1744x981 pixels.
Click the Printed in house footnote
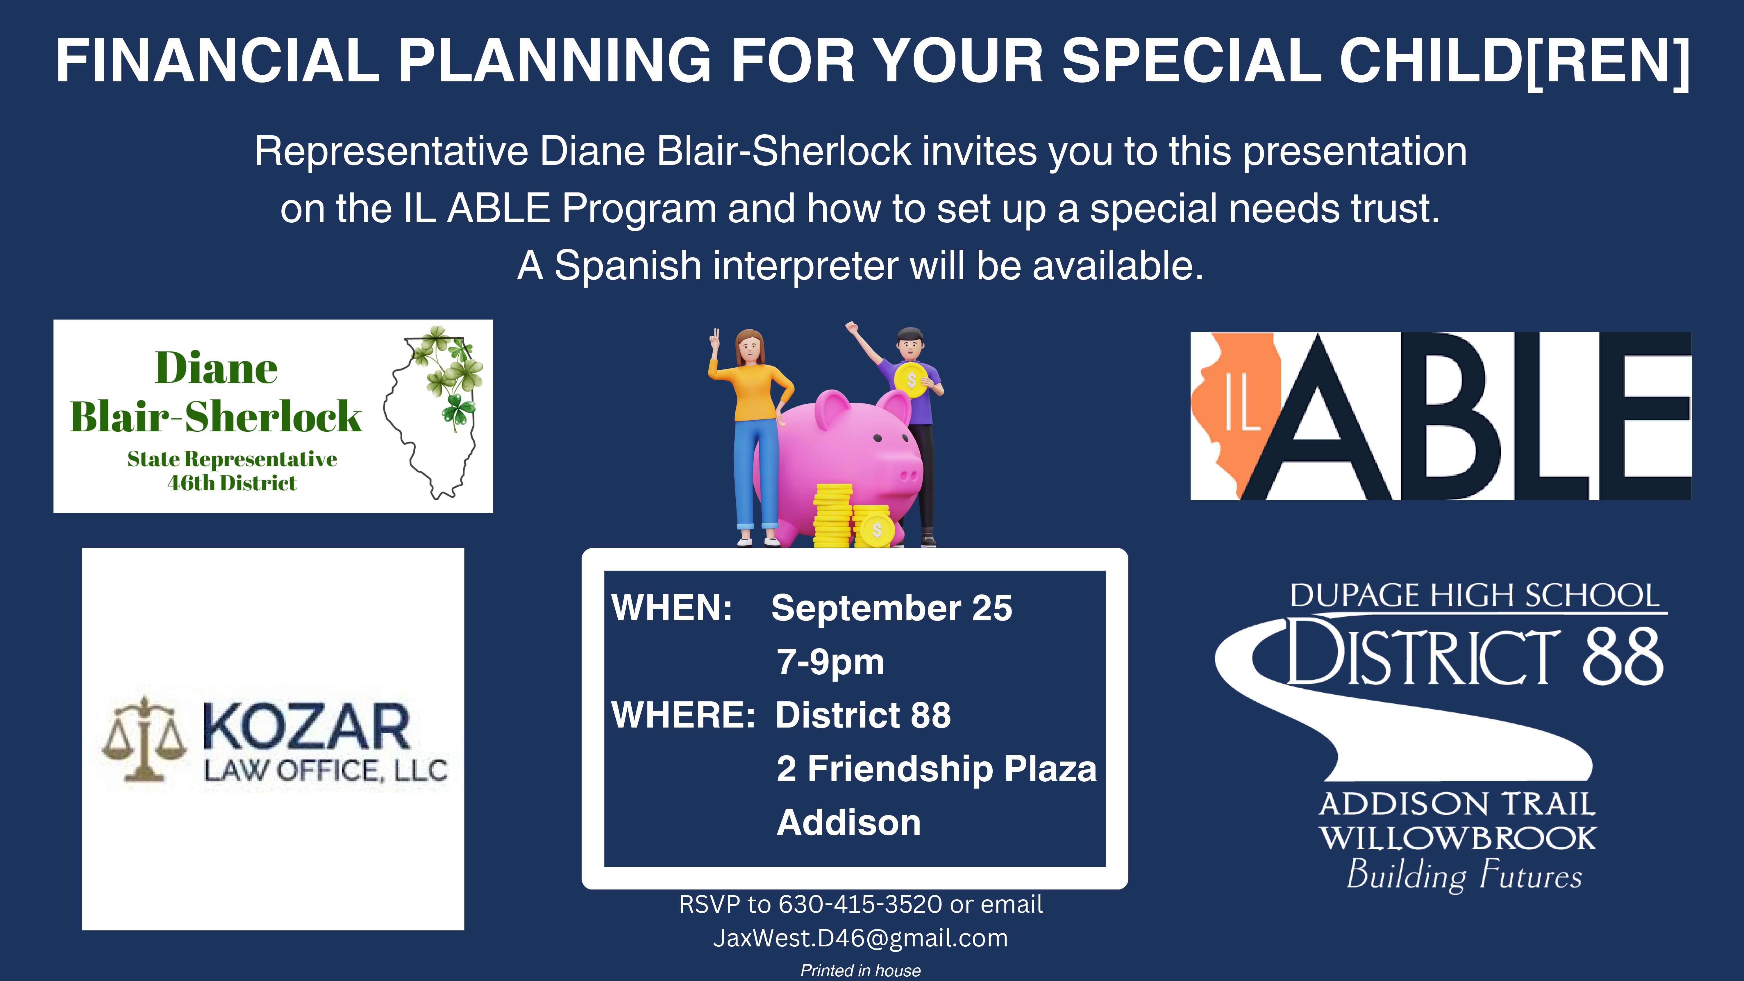click(860, 970)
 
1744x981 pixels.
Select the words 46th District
click(232, 483)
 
